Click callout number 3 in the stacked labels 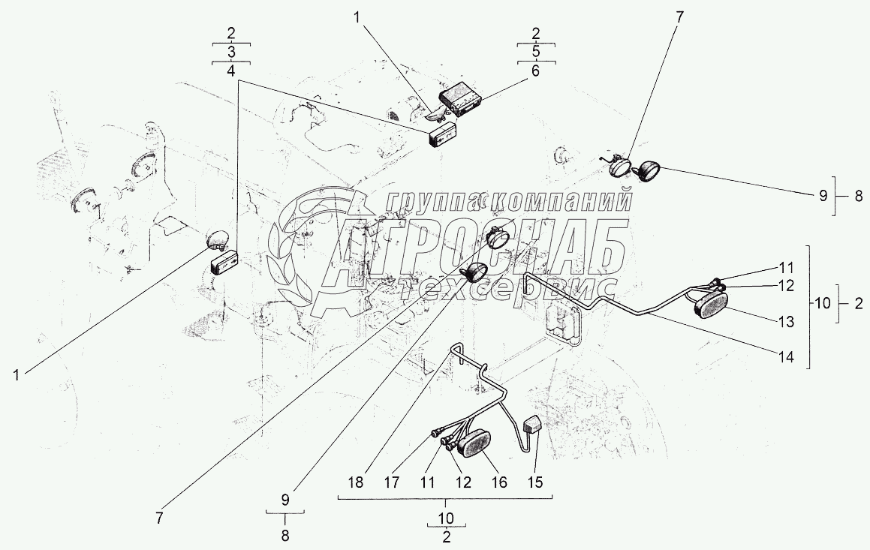[x=230, y=53]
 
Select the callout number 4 [x=230, y=71]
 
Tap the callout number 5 [x=535, y=52]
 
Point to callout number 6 [x=535, y=71]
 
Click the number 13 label [x=786, y=322]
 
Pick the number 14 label [x=786, y=358]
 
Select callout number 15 [x=535, y=482]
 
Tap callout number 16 [x=499, y=482]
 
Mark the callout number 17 [x=392, y=482]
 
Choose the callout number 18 [x=356, y=482]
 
